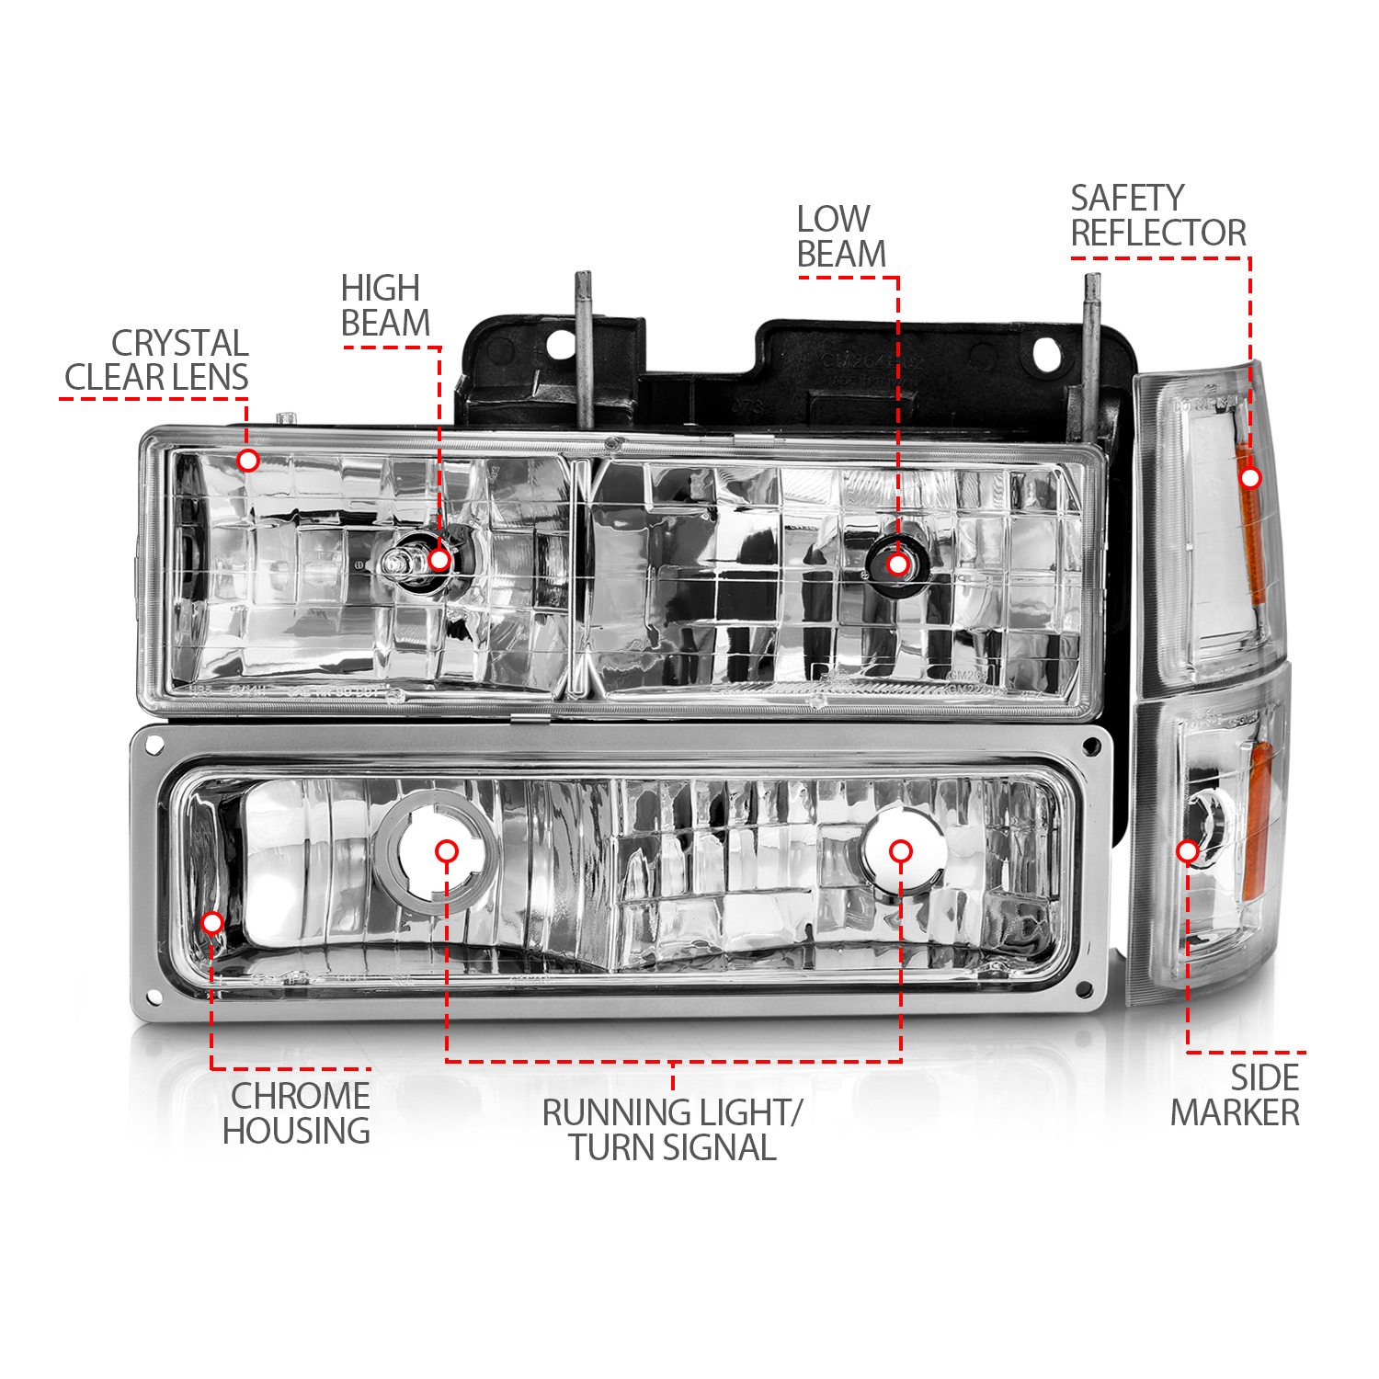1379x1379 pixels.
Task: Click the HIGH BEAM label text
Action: (x=385, y=306)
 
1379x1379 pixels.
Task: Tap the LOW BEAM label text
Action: (x=841, y=237)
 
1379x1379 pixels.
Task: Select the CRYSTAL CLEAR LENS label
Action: (x=157, y=360)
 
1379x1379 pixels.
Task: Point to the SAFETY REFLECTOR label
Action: (x=1158, y=216)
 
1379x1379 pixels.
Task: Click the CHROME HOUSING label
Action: (x=297, y=1113)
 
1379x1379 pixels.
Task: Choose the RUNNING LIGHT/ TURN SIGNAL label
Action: (x=672, y=1130)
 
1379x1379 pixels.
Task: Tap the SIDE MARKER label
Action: (x=1236, y=1095)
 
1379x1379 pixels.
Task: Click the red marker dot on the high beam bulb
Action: (x=439, y=559)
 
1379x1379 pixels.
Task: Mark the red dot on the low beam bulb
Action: (x=898, y=564)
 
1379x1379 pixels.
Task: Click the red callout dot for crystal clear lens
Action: (x=247, y=460)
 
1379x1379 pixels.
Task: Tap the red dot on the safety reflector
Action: (x=1250, y=478)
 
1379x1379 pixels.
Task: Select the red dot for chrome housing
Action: (x=211, y=922)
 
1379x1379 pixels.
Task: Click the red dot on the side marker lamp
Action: (x=1188, y=852)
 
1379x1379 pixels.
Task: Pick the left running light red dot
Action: (x=447, y=851)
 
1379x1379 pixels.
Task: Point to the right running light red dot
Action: (x=901, y=851)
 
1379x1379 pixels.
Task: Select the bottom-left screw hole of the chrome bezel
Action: (x=154, y=996)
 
